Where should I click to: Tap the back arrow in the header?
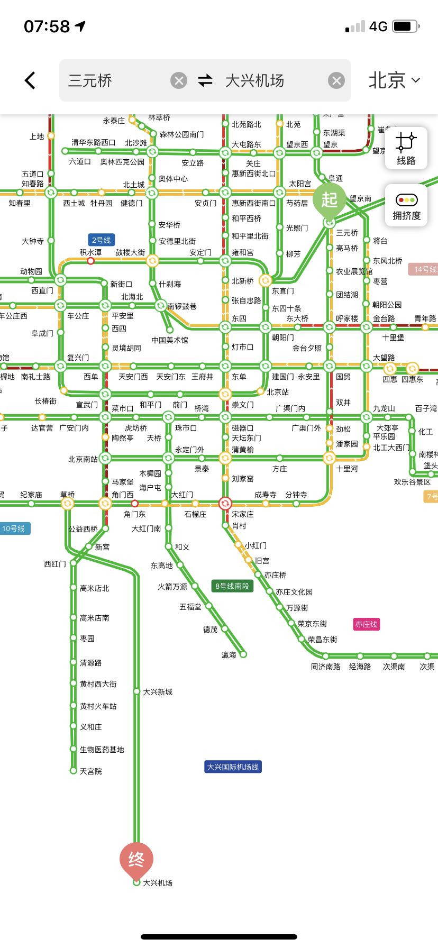coord(30,80)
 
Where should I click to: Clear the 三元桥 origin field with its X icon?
coord(179,80)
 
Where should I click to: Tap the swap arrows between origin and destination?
coord(205,80)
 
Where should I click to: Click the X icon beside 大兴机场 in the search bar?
coord(336,80)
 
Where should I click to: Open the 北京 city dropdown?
coord(394,80)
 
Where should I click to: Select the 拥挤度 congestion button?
coord(406,206)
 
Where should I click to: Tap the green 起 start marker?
coord(329,200)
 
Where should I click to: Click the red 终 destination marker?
coord(136,859)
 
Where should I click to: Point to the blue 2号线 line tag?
coord(102,240)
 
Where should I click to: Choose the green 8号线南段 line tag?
coord(232,586)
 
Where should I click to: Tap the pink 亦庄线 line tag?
coord(367,624)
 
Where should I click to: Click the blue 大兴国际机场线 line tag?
coord(233,767)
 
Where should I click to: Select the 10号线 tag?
coord(14,528)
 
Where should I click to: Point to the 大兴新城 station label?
coord(158,692)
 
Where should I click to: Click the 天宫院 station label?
coord(91,771)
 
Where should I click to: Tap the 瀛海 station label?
coord(229,655)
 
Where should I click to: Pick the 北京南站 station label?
coord(83,459)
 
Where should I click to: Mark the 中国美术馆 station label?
coord(170,340)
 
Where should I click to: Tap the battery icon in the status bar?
coord(406,26)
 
